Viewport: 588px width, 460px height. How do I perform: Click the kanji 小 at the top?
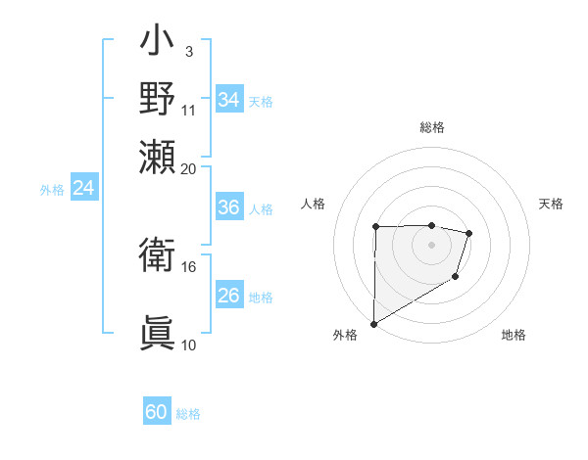[158, 45]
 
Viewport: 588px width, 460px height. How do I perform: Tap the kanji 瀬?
[158, 156]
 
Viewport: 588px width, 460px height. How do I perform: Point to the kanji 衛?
[158, 257]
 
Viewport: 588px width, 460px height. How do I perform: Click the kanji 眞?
[158, 333]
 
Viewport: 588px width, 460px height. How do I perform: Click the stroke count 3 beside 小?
[188, 52]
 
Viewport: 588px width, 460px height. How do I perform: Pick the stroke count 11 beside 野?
[189, 110]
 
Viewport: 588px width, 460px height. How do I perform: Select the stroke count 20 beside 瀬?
[189, 168]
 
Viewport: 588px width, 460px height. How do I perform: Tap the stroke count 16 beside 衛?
[189, 266]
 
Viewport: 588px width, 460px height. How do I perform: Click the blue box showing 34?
[228, 100]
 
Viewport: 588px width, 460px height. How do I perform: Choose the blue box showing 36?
[228, 207]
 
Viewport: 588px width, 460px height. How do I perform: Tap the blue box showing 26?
[228, 296]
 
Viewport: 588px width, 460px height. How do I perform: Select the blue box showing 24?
[83, 189]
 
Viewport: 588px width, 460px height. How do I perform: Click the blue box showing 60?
[157, 412]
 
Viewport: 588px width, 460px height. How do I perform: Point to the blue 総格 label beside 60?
[188, 414]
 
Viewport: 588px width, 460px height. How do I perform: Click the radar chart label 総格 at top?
[431, 127]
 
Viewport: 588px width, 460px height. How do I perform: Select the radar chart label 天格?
[551, 204]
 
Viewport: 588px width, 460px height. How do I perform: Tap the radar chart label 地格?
[514, 335]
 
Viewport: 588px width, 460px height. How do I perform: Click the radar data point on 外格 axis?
[373, 323]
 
